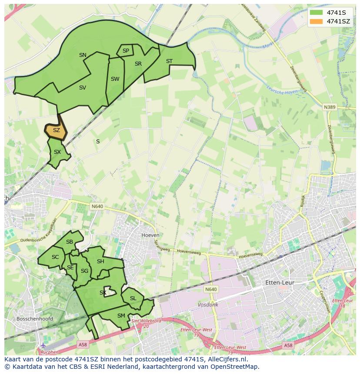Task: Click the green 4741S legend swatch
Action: pyautogui.click(x=317, y=13)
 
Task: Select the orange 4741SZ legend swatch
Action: pyautogui.click(x=317, y=21)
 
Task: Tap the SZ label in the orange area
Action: pyautogui.click(x=56, y=130)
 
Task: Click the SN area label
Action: pyautogui.click(x=83, y=55)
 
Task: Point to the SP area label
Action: pyautogui.click(x=126, y=51)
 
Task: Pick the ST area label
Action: pyautogui.click(x=169, y=61)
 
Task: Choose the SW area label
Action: pyautogui.click(x=115, y=79)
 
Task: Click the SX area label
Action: pyautogui.click(x=57, y=152)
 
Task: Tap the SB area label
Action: pyautogui.click(x=70, y=242)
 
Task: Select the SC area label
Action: pyautogui.click(x=55, y=257)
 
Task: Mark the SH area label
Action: pyautogui.click(x=100, y=261)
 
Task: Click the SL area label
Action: pyautogui.click(x=133, y=298)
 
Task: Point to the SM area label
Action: pyautogui.click(x=121, y=316)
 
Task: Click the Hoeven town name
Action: pyautogui.click(x=150, y=235)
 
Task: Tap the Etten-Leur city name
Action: pyautogui.click(x=280, y=282)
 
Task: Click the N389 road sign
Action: pyautogui.click(x=330, y=106)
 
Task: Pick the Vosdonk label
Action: pyautogui.click(x=208, y=305)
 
